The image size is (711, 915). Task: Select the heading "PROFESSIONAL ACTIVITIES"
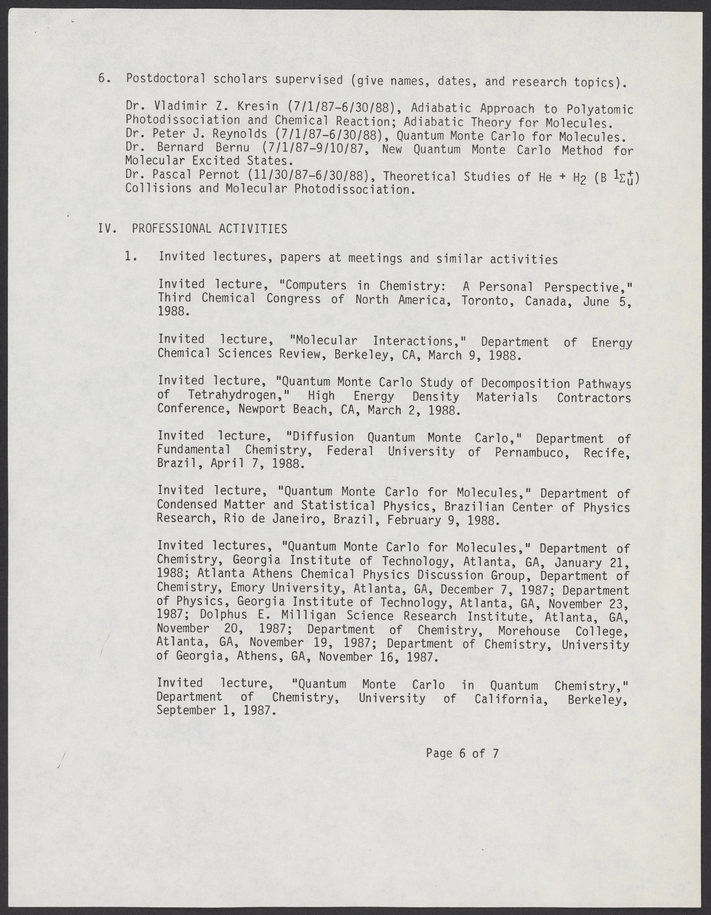[x=209, y=229]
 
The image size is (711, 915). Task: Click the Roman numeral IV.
[x=105, y=228]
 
